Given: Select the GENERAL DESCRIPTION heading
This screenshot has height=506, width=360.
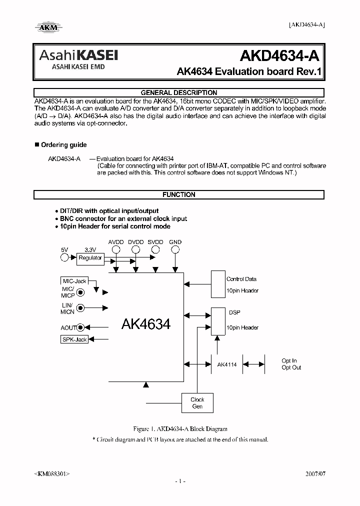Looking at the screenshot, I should (179, 92).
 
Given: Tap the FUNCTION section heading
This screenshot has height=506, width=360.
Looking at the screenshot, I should (179, 194).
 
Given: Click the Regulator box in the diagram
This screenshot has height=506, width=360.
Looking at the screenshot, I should (90, 258).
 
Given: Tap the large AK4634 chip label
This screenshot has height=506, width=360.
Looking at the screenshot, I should (146, 324).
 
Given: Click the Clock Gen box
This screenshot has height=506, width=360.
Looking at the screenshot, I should (197, 403).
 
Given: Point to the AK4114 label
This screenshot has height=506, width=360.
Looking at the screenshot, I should (227, 364).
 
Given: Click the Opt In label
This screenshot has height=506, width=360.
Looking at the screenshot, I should (289, 360).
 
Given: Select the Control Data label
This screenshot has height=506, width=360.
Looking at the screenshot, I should (242, 279).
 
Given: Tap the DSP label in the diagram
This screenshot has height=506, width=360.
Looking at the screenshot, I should (234, 312).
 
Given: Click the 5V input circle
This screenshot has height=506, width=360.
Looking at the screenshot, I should (64, 258).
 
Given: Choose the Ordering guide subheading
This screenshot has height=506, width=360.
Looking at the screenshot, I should (63, 145).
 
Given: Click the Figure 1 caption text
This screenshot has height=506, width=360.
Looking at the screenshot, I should (180, 429).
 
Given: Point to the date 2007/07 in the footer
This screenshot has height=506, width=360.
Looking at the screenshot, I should (314, 473).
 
